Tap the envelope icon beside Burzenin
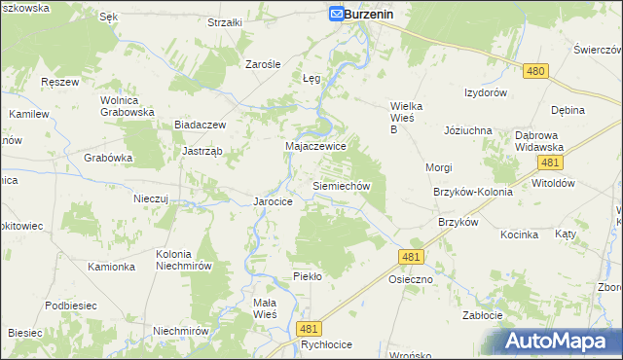[335, 15]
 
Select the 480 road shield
[534, 71]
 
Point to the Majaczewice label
[315, 145]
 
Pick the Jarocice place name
[274, 201]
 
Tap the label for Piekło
[308, 276]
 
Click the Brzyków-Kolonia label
[472, 192]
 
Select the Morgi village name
[438, 167]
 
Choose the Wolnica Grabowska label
[128, 105]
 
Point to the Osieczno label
[411, 278]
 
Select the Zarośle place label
[263, 63]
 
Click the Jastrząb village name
[202, 151]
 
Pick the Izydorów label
[486, 92]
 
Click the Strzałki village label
[225, 21]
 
